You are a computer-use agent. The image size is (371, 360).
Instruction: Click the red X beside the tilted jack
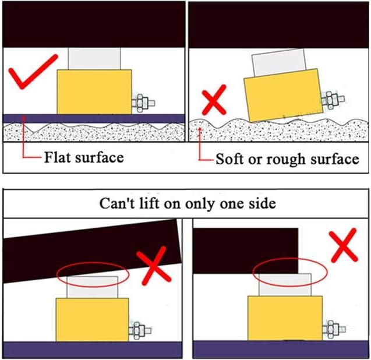tap(214, 100)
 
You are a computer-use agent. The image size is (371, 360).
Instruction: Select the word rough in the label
tap(286, 160)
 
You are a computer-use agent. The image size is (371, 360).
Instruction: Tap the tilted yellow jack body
tap(284, 95)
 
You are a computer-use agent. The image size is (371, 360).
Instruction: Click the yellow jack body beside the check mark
tap(94, 92)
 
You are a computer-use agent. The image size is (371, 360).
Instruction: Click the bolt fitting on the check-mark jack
tap(143, 103)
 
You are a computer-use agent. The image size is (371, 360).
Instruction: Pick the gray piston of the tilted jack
tap(279, 62)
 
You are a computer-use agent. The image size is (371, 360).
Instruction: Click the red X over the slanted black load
tap(154, 266)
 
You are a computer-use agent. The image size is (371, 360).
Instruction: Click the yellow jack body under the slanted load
tap(92, 320)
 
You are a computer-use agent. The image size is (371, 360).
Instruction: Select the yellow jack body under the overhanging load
tap(285, 318)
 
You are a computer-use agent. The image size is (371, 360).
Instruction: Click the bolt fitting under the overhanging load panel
tap(334, 329)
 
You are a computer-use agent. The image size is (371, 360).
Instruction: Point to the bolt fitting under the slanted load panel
tap(140, 330)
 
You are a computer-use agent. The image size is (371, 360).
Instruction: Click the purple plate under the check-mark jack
tap(94, 119)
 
